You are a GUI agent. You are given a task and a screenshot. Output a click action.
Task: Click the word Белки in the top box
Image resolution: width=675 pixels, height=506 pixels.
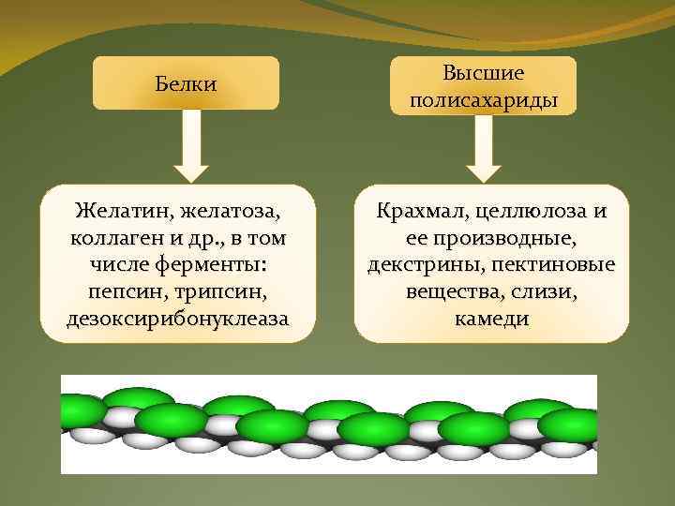186,84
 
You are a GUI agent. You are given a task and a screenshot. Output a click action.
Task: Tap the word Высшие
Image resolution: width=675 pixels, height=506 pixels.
484,72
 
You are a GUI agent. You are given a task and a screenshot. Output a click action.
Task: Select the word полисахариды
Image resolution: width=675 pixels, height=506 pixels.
484,98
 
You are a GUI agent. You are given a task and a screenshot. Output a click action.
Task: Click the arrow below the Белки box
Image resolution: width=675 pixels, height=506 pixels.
192,146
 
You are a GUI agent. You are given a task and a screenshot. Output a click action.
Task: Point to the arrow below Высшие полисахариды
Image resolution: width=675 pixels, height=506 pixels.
484,148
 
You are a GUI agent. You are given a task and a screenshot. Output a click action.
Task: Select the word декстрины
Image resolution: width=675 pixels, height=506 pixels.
419,265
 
